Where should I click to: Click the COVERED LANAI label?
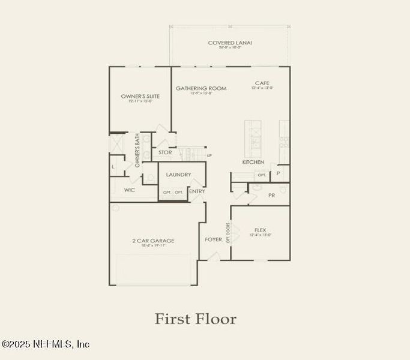(x=230, y=43)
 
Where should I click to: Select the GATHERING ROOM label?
(x=201, y=88)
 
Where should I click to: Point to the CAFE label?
(x=262, y=83)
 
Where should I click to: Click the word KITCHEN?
(x=253, y=163)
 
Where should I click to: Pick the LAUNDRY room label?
(x=178, y=175)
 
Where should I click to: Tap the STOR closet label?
(x=165, y=152)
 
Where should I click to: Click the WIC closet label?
(x=130, y=190)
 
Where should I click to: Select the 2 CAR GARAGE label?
(x=153, y=241)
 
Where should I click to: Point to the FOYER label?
(x=214, y=239)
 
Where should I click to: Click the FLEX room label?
(x=261, y=230)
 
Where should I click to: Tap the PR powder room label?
(x=271, y=195)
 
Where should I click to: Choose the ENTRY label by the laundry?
(x=197, y=191)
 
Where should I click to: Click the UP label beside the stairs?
(x=210, y=156)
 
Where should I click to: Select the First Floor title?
(x=196, y=319)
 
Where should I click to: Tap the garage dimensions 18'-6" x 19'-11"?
(x=153, y=246)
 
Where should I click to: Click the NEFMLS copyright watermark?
(x=46, y=344)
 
